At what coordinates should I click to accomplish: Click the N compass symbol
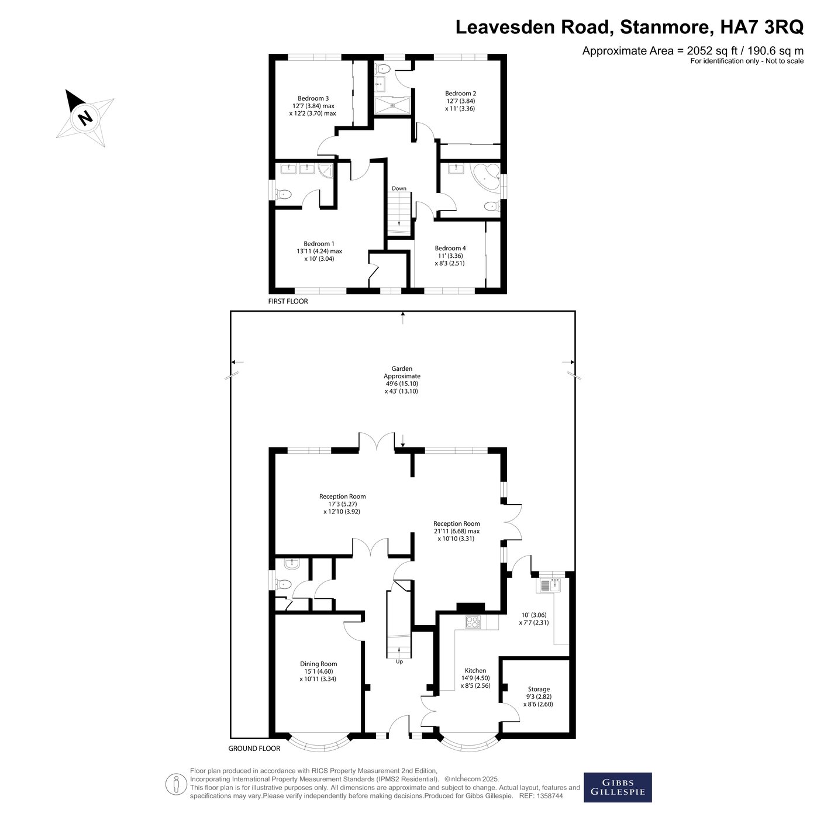pyautogui.click(x=85, y=118)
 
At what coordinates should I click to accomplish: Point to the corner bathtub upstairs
pyautogui.click(x=487, y=178)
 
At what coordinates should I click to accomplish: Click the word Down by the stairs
pyautogui.click(x=398, y=188)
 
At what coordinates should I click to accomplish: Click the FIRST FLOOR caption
pyautogui.click(x=288, y=301)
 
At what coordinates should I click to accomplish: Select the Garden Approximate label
pyautogui.click(x=402, y=373)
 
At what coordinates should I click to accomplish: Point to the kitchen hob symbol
pyautogui.click(x=473, y=622)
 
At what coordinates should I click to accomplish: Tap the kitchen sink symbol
pyautogui.click(x=550, y=585)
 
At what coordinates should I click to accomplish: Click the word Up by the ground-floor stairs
pyautogui.click(x=399, y=662)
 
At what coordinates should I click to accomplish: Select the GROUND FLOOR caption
pyautogui.click(x=254, y=749)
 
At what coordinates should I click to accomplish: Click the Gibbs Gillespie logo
pyautogui.click(x=618, y=787)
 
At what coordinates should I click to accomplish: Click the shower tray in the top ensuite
pyautogui.click(x=392, y=106)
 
